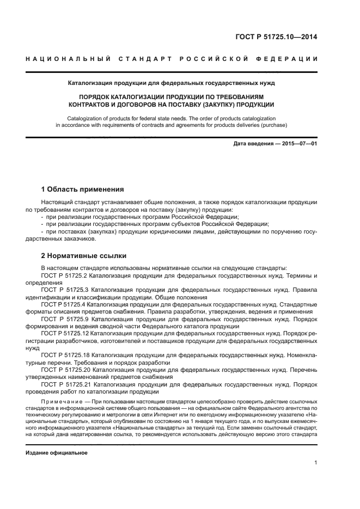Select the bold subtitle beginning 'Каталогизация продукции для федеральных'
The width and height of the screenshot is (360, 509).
pyautogui.click(x=171, y=83)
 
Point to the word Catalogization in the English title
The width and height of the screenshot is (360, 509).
pyautogui.click(x=88, y=118)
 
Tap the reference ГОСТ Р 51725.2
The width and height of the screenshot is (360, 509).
pyautogui.click(x=68, y=276)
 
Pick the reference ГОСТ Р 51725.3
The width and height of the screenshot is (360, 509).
pyautogui.click(x=69, y=290)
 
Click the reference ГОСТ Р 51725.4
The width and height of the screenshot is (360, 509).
pyautogui.click(x=68, y=305)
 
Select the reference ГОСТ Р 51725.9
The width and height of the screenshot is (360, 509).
pyautogui.click(x=69, y=319)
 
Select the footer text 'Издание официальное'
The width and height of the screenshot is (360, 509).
pyautogui.click(x=57, y=452)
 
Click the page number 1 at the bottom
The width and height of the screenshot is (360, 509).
pyautogui.click(x=315, y=463)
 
